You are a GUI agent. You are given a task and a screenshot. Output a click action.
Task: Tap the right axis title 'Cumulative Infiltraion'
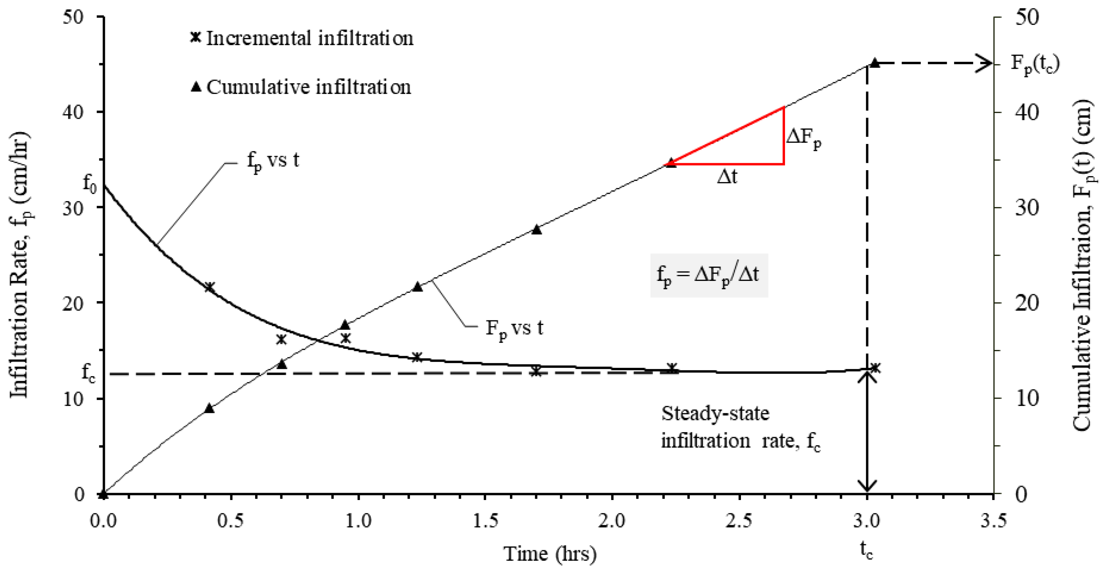(x=1084, y=265)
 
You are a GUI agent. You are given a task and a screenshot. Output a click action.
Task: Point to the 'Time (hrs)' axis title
(x=550, y=554)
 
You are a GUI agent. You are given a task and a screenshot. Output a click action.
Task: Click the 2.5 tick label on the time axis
(x=739, y=521)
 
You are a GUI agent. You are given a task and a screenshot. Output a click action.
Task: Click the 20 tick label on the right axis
(x=1027, y=303)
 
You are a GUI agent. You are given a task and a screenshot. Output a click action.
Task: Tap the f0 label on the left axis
(x=89, y=184)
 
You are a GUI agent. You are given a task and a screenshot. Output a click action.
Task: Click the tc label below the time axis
(x=867, y=551)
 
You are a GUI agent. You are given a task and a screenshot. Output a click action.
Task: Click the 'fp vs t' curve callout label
(x=273, y=162)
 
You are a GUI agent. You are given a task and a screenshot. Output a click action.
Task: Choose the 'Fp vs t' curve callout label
(x=514, y=329)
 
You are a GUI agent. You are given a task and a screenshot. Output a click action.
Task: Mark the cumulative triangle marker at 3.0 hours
(x=875, y=63)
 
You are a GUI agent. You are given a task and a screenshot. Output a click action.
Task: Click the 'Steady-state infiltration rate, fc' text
(x=740, y=428)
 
